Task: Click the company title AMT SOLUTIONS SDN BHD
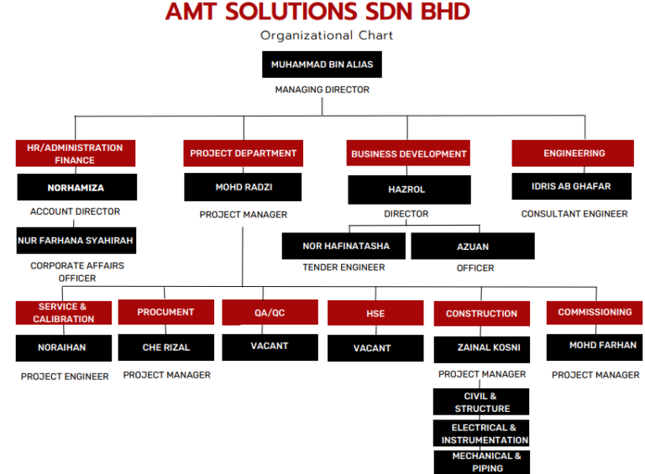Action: click(317, 13)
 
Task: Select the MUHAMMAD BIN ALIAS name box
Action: click(322, 65)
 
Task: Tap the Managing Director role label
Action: click(322, 90)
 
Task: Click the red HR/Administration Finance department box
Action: click(75, 154)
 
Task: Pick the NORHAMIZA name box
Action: click(76, 187)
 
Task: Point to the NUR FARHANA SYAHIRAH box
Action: click(76, 240)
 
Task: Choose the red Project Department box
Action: click(243, 154)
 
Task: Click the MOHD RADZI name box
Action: click(244, 187)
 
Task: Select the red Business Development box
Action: click(408, 154)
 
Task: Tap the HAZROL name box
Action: click(409, 190)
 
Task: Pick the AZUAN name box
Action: click(473, 246)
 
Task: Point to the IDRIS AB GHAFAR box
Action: click(571, 186)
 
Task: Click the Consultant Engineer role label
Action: click(574, 214)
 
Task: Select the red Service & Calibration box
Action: click(63, 313)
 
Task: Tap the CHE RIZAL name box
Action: click(165, 347)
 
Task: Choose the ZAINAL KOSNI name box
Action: click(481, 347)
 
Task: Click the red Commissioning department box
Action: click(595, 312)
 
